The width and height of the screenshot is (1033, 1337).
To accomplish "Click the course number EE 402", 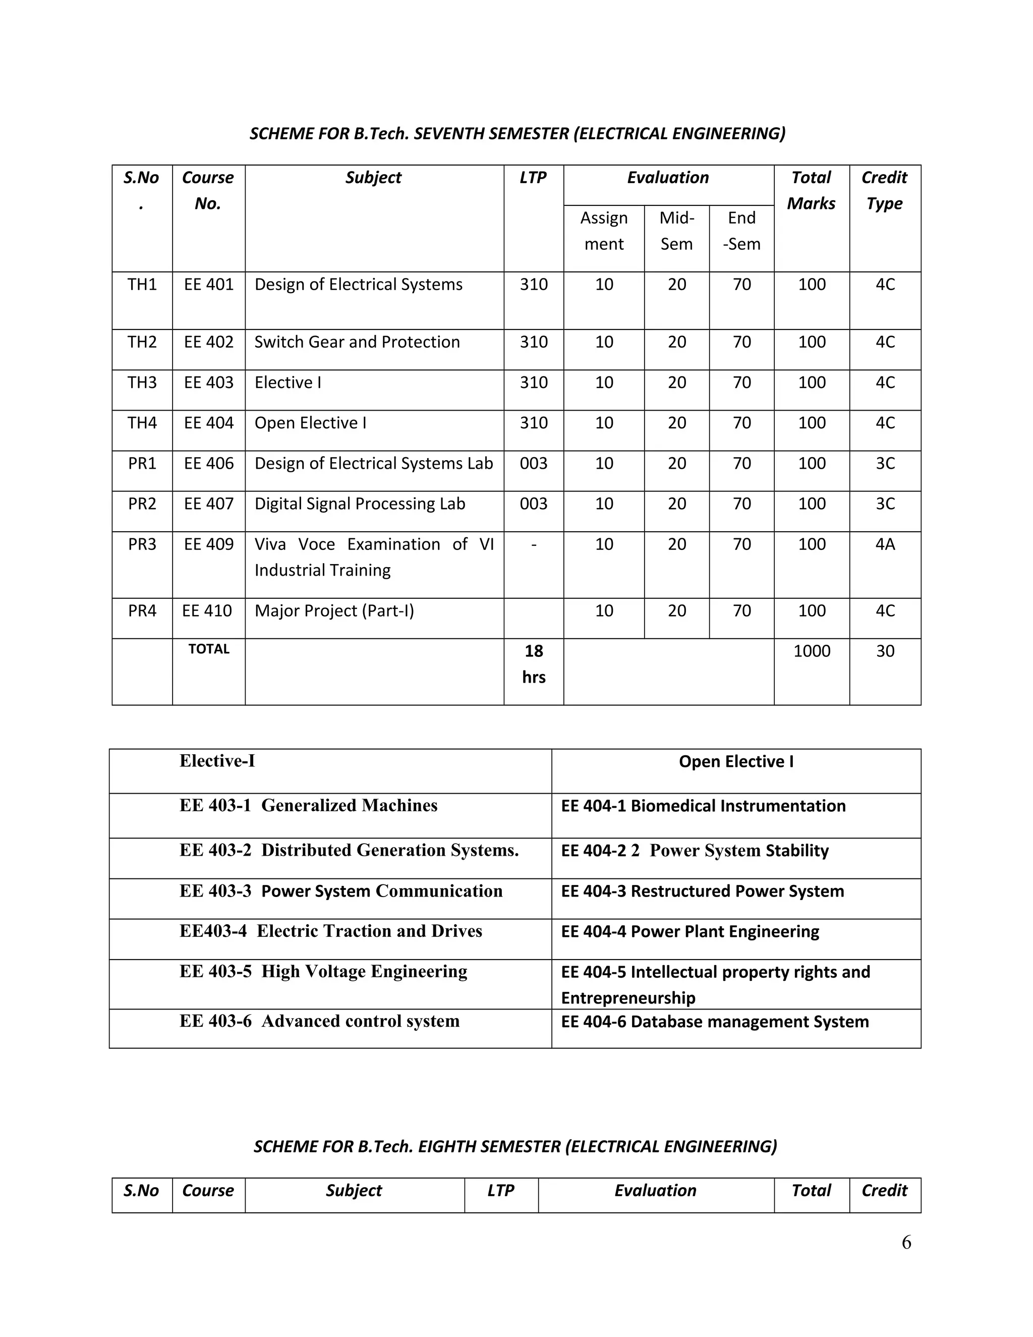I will [x=209, y=342].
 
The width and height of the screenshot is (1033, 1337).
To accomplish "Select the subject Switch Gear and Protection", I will [x=357, y=342].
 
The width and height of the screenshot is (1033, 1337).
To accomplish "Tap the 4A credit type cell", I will [x=885, y=544].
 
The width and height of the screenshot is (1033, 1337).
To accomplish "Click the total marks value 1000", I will [x=812, y=651].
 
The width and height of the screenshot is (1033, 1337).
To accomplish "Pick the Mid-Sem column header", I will [x=676, y=231].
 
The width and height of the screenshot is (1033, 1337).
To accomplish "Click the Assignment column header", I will [x=603, y=231].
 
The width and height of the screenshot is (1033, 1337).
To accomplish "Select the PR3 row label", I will [x=142, y=544].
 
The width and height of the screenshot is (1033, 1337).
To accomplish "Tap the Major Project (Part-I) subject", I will [x=334, y=610].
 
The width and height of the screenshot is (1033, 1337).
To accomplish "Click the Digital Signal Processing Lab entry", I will [x=360, y=504].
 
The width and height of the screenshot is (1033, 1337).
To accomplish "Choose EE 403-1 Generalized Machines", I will [x=308, y=805].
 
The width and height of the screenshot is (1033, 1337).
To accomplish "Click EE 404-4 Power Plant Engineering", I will [x=690, y=931].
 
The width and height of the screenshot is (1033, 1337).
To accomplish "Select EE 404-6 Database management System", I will [x=715, y=1022].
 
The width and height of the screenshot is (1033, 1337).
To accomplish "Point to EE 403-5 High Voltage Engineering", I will [x=323, y=972].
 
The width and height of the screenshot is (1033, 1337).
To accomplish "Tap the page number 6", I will [x=906, y=1242].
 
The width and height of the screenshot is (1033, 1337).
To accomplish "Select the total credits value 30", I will [x=885, y=651].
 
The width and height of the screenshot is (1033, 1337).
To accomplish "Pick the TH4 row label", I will [x=142, y=423].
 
